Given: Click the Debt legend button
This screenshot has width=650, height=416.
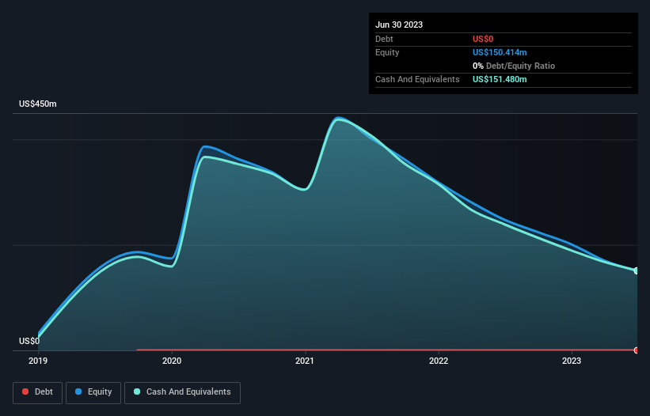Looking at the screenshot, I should point(37,391).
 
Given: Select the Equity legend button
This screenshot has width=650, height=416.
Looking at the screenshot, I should point(93,391).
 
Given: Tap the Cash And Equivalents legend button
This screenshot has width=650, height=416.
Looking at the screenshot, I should point(182,391).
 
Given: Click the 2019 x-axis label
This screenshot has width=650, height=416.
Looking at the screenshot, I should point(38,361).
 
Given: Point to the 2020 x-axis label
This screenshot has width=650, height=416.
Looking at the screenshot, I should point(172,361).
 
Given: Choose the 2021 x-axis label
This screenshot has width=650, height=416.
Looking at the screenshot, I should point(305,361).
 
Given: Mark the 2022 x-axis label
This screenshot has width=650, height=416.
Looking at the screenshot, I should point(439,361).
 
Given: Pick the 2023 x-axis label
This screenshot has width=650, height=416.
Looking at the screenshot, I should point(572,361).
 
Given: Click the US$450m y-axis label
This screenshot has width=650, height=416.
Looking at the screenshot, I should point(38,104).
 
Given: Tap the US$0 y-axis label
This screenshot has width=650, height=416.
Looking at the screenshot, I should point(29,341).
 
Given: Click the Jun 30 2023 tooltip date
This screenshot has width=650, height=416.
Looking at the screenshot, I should point(399,25).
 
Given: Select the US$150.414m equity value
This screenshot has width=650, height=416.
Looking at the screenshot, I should point(500,52).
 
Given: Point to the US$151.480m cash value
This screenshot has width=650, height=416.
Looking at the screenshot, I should point(500,79).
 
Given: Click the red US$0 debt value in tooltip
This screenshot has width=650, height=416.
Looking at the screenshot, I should point(485,39).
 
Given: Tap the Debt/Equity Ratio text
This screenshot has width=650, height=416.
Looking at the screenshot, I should point(519,66).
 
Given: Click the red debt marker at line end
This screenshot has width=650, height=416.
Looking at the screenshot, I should point(636,350).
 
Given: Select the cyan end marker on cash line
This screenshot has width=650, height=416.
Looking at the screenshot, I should point(636,270).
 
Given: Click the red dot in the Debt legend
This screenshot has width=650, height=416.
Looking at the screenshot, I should point(26,391).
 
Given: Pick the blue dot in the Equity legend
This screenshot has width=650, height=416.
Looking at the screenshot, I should point(80,391).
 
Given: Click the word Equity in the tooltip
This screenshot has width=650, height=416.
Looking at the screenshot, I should point(387,52).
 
